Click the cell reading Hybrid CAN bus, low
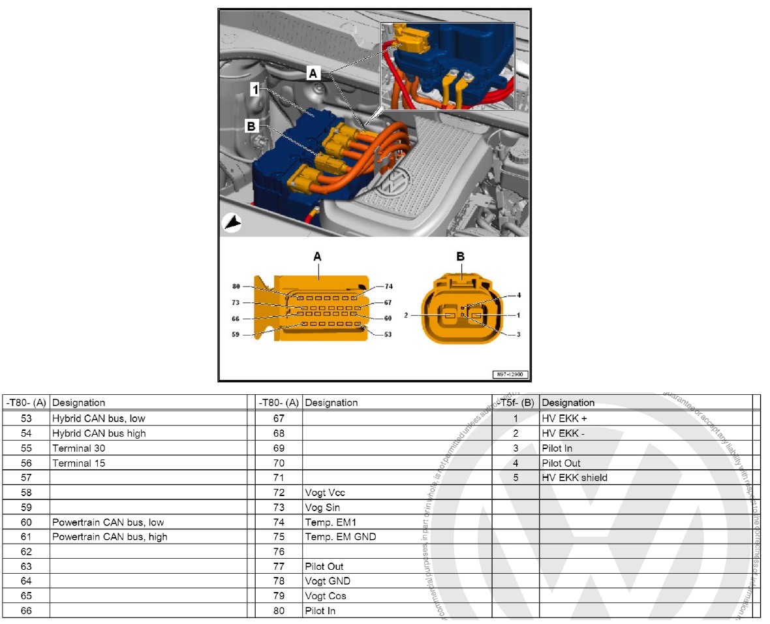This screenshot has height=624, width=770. click(99, 418)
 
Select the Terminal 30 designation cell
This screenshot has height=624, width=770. click(79, 448)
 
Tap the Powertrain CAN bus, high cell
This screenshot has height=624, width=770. click(110, 537)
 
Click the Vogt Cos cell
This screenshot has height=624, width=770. click(326, 596)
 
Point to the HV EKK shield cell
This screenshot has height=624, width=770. click(574, 478)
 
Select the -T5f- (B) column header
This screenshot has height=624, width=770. click(515, 403)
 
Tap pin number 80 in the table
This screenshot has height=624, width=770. click(279, 611)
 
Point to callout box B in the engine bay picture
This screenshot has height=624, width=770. click(251, 125)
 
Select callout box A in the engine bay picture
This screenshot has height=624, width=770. click(313, 74)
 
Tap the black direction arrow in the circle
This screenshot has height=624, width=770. click(232, 223)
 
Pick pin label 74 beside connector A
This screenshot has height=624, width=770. click(389, 287)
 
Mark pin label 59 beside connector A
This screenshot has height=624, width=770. click(236, 335)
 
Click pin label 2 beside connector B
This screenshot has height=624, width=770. click(406, 315)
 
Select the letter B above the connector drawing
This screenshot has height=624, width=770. click(461, 257)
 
